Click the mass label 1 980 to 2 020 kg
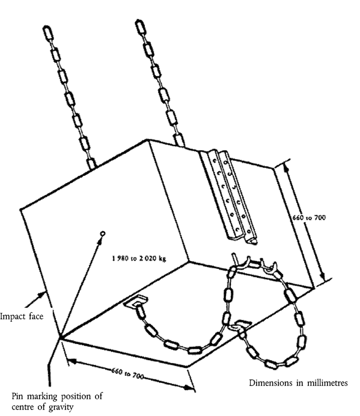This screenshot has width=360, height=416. [139, 258]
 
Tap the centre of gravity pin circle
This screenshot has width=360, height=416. [103, 234]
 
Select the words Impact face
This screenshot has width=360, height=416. [22, 316]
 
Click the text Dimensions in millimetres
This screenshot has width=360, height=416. [298, 383]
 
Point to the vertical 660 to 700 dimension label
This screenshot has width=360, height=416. [309, 218]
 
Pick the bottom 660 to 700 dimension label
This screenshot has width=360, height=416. [127, 373]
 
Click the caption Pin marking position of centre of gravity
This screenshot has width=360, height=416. [57, 402]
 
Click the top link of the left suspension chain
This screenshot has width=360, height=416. [47, 32]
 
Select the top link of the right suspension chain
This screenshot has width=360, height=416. [140, 26]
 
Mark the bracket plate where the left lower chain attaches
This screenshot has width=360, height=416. [136, 301]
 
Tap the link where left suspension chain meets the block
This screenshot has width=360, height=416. [91, 163]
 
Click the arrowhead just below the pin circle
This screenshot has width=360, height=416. [100, 240]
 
